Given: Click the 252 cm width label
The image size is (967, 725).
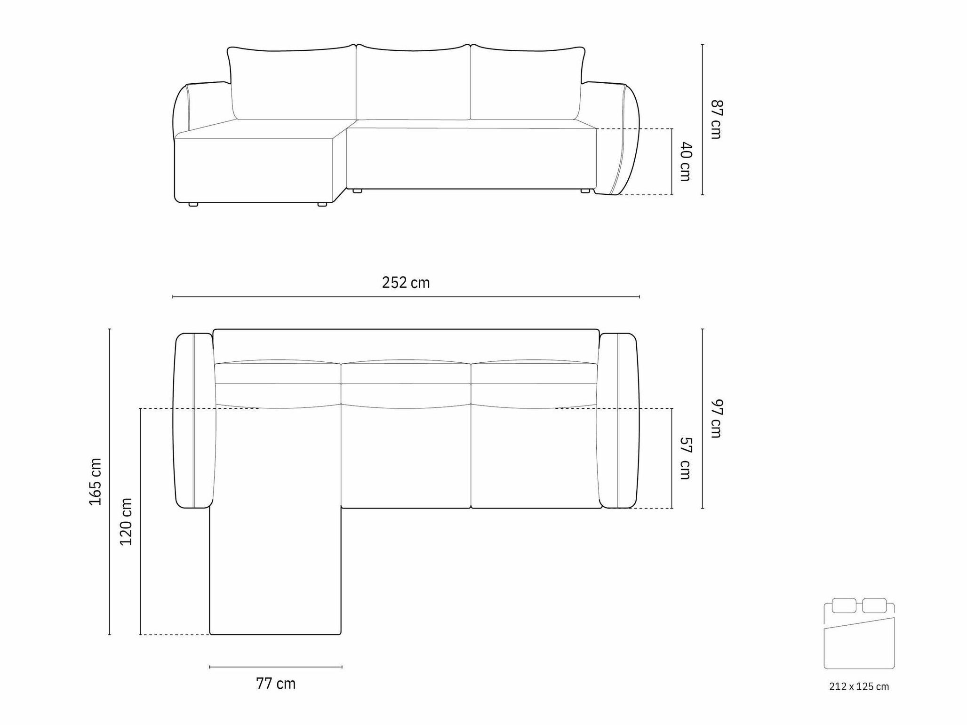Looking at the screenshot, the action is (406, 282).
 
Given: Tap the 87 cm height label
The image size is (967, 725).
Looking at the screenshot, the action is (716, 120).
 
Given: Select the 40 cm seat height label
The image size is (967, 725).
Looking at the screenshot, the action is (686, 161).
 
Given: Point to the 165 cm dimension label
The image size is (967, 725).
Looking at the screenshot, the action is (96, 482).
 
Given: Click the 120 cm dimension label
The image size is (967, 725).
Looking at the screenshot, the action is (126, 522).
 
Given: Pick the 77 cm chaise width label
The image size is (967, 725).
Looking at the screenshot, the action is (276, 683).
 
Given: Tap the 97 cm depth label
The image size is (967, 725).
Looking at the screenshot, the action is (716, 418).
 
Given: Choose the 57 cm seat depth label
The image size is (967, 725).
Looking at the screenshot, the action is (686, 458).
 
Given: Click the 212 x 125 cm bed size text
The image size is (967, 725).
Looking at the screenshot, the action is (859, 686).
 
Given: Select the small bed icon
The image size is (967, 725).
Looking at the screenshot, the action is (859, 633).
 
